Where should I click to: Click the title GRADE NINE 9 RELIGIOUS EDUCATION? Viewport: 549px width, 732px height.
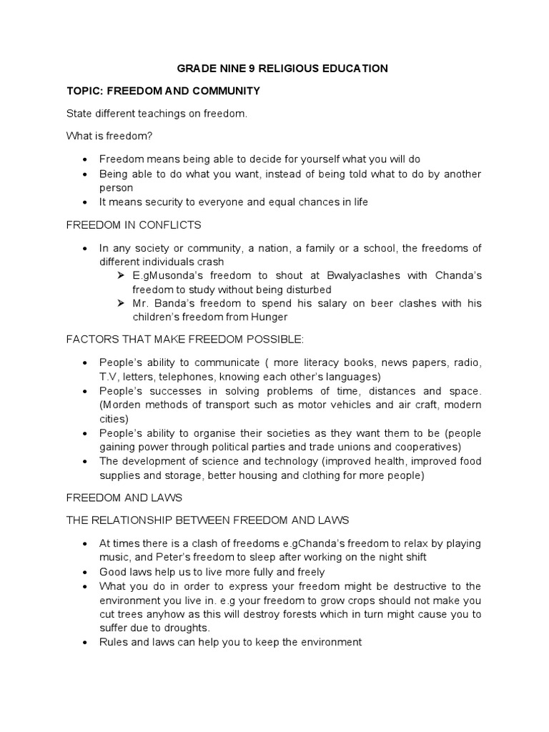pos(282,69)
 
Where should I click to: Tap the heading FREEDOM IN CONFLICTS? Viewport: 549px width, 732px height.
pos(134,225)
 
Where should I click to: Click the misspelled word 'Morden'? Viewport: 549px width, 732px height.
pos(121,405)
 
